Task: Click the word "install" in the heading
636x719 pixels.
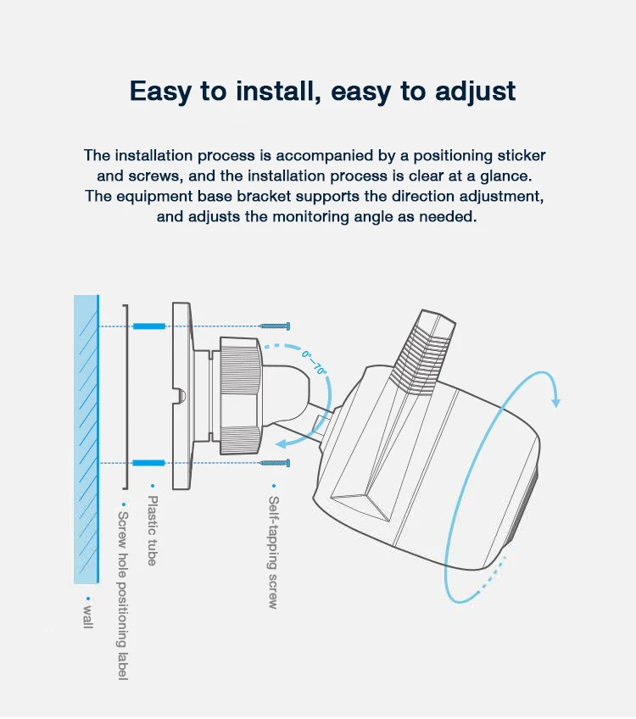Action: coord(276,91)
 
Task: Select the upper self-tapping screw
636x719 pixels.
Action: coord(274,326)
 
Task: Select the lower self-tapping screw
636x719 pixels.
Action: coord(274,463)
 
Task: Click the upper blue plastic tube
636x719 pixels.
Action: coord(149,326)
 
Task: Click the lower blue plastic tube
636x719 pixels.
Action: coord(148,463)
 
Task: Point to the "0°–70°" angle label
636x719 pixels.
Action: coord(315,363)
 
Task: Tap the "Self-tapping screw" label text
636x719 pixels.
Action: coord(273,552)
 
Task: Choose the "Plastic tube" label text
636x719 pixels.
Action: coord(153,531)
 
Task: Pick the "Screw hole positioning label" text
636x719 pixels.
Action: coord(123,596)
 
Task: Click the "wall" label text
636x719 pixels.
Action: coord(88,617)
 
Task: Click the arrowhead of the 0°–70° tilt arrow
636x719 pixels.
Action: coord(282,443)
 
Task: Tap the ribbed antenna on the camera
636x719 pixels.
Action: coord(421,351)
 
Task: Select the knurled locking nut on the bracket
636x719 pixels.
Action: coord(241,396)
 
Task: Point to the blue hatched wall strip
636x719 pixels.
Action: coord(86,439)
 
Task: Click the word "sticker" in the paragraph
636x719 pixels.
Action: coord(522,155)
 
